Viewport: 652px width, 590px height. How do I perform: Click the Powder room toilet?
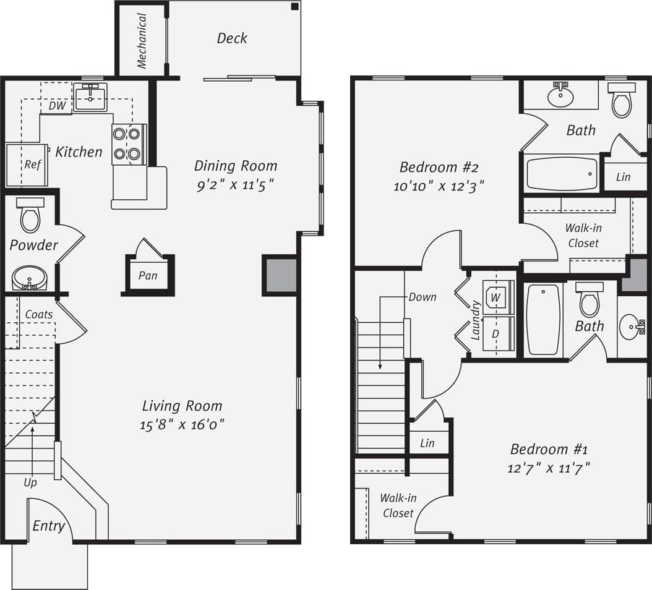[x=30, y=215]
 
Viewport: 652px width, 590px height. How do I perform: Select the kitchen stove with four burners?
[x=129, y=143]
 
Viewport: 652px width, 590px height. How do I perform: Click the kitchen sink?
[x=90, y=97]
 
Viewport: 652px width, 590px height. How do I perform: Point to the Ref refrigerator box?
[x=27, y=165]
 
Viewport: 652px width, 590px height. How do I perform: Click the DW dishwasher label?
[x=57, y=106]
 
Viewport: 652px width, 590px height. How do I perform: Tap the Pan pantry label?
[x=148, y=275]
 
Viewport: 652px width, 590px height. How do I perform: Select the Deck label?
[x=232, y=38]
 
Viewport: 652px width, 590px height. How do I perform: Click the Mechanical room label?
[x=142, y=41]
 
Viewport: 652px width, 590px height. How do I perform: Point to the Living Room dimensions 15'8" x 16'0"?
[x=182, y=424]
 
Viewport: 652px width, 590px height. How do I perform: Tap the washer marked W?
[x=495, y=297]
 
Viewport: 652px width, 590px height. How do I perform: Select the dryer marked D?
[x=495, y=334]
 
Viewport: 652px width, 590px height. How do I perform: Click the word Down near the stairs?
[x=423, y=297]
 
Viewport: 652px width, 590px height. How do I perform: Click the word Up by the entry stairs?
[x=30, y=482]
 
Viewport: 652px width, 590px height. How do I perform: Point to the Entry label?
[x=48, y=526]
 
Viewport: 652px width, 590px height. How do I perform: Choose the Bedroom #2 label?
[x=439, y=167]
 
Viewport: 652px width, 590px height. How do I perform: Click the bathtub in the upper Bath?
[x=562, y=174]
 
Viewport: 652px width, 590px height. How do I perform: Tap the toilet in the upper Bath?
[x=621, y=101]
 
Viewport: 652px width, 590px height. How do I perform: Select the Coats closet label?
[x=38, y=314]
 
